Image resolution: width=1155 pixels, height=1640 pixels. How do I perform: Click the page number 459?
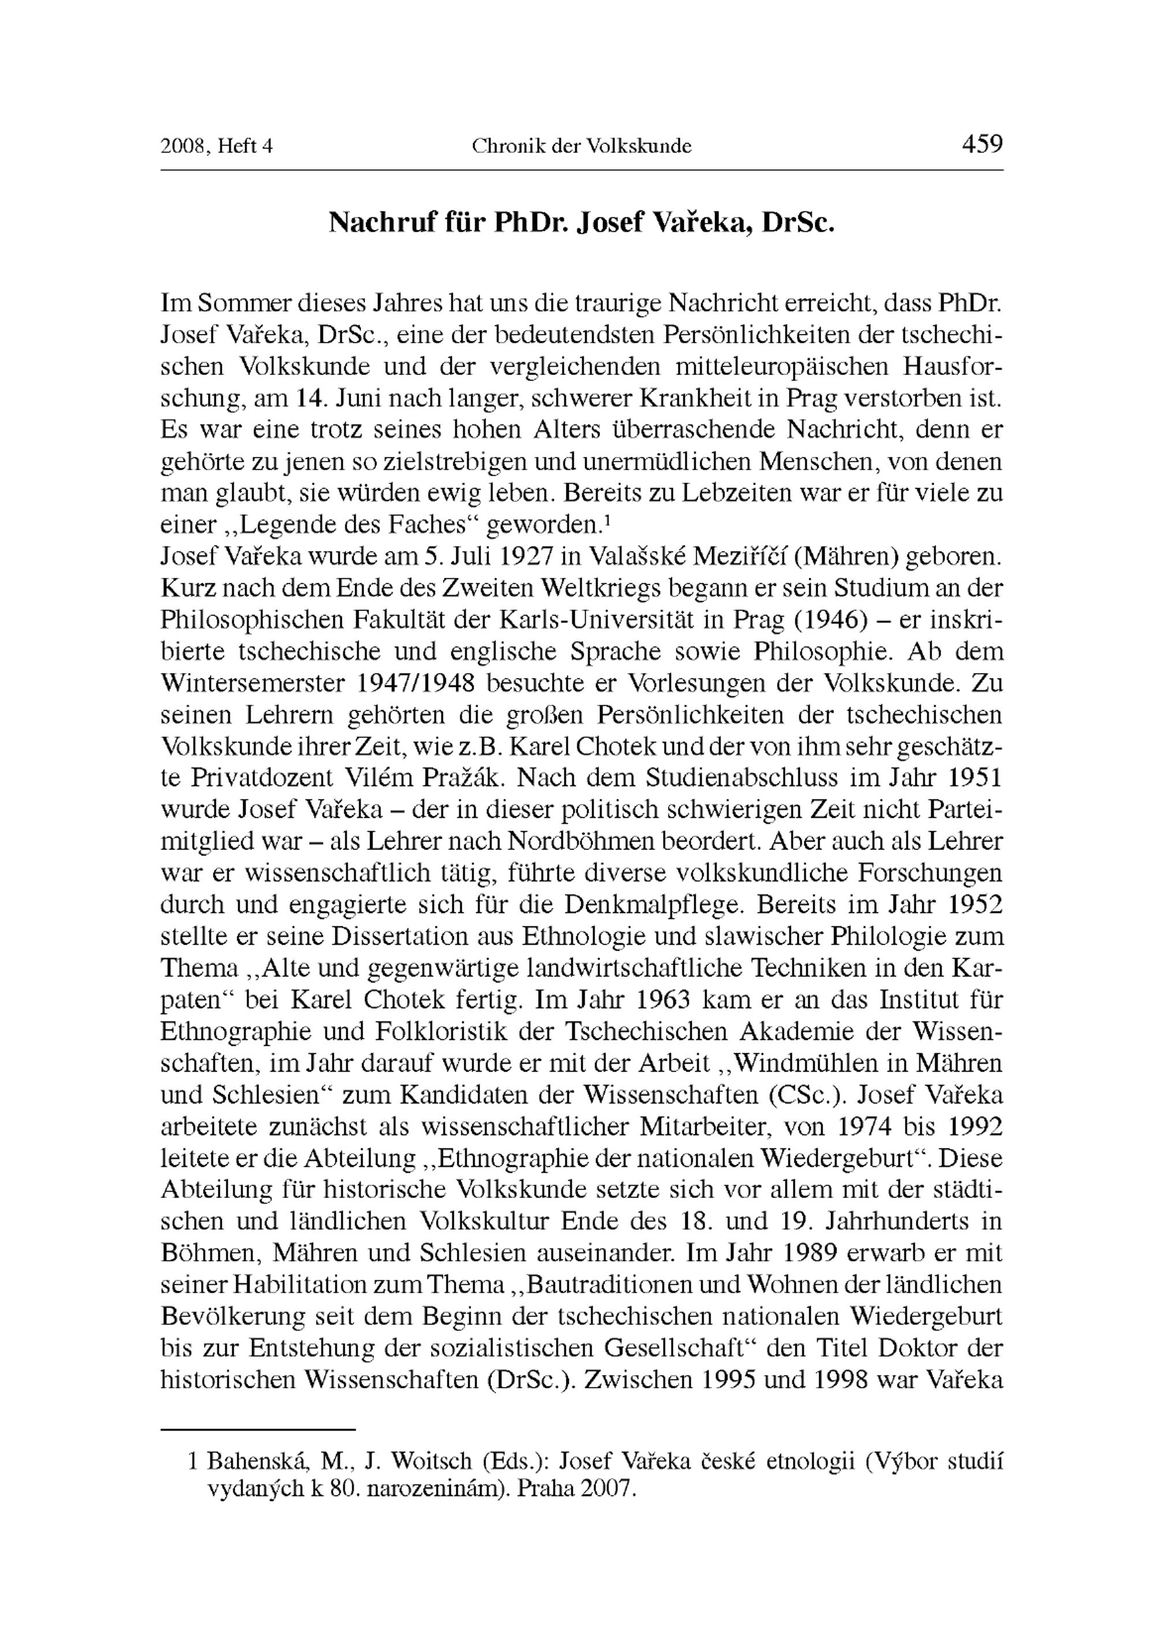pyautogui.click(x=982, y=144)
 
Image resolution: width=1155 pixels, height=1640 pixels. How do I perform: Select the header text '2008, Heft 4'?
pyautogui.click(x=217, y=146)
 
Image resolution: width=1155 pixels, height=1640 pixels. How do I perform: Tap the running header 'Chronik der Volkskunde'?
pyautogui.click(x=582, y=146)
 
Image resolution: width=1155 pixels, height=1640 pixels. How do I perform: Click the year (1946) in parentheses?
pyautogui.click(x=829, y=619)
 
